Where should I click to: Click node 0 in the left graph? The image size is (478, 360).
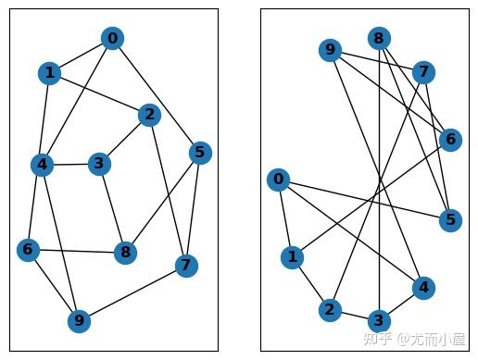(x=112, y=38)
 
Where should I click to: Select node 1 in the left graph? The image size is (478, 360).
(x=49, y=73)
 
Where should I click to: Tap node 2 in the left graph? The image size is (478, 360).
(x=148, y=115)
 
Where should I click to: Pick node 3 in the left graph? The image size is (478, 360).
(x=98, y=164)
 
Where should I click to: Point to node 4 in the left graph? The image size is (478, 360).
(x=41, y=166)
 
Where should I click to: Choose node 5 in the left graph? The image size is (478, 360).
(x=199, y=152)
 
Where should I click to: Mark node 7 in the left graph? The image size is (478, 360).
(x=186, y=267)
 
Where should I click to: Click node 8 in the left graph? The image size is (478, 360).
(x=125, y=252)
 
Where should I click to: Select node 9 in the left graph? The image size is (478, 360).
(x=80, y=321)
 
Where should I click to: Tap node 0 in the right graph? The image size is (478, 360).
(x=277, y=180)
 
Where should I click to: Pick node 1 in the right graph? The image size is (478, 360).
(x=292, y=256)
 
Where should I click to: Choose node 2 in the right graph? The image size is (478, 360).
(x=329, y=309)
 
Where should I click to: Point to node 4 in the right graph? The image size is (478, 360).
(x=423, y=288)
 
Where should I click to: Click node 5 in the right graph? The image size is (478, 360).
(x=450, y=219)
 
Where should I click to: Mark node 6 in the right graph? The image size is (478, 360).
(x=450, y=140)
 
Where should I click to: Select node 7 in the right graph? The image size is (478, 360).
(x=423, y=72)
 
